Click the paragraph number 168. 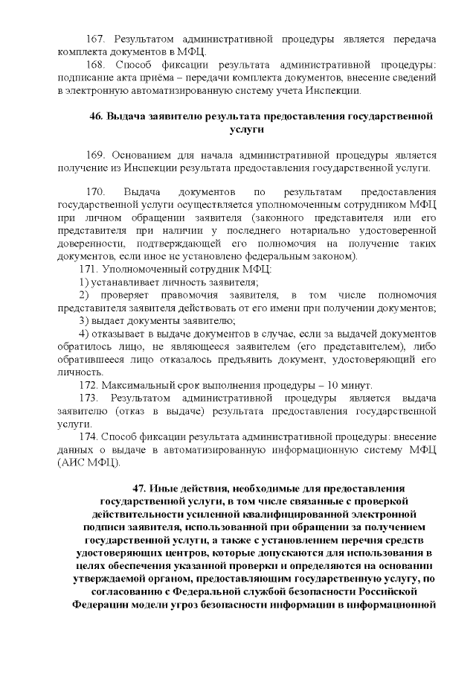click(x=99, y=65)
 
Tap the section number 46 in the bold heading click(x=96, y=117)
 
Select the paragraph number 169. click(x=99, y=155)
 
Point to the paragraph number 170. click(x=99, y=192)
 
